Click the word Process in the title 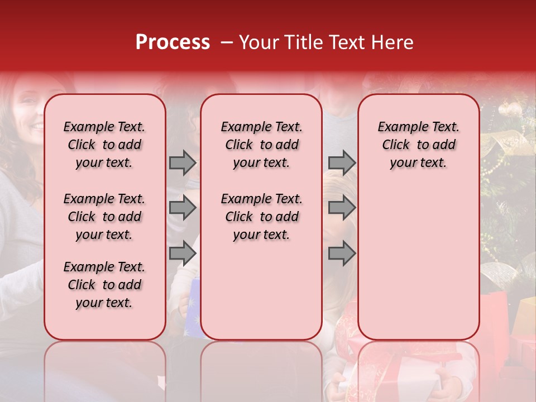coord(172,42)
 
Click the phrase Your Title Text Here coord(326,42)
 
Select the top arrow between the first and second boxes coord(183,162)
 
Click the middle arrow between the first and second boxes coord(183,208)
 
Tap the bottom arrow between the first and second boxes coord(183,253)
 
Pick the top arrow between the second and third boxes coord(342,162)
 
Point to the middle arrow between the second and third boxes coord(342,208)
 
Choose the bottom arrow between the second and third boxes coord(342,253)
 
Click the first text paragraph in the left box coord(104,145)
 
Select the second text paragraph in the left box coord(104,217)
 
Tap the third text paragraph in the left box coord(104,285)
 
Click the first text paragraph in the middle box coord(261,145)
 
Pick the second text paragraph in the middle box coord(261,217)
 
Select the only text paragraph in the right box coord(418,145)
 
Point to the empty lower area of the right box coord(418,262)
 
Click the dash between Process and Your coord(226,42)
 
